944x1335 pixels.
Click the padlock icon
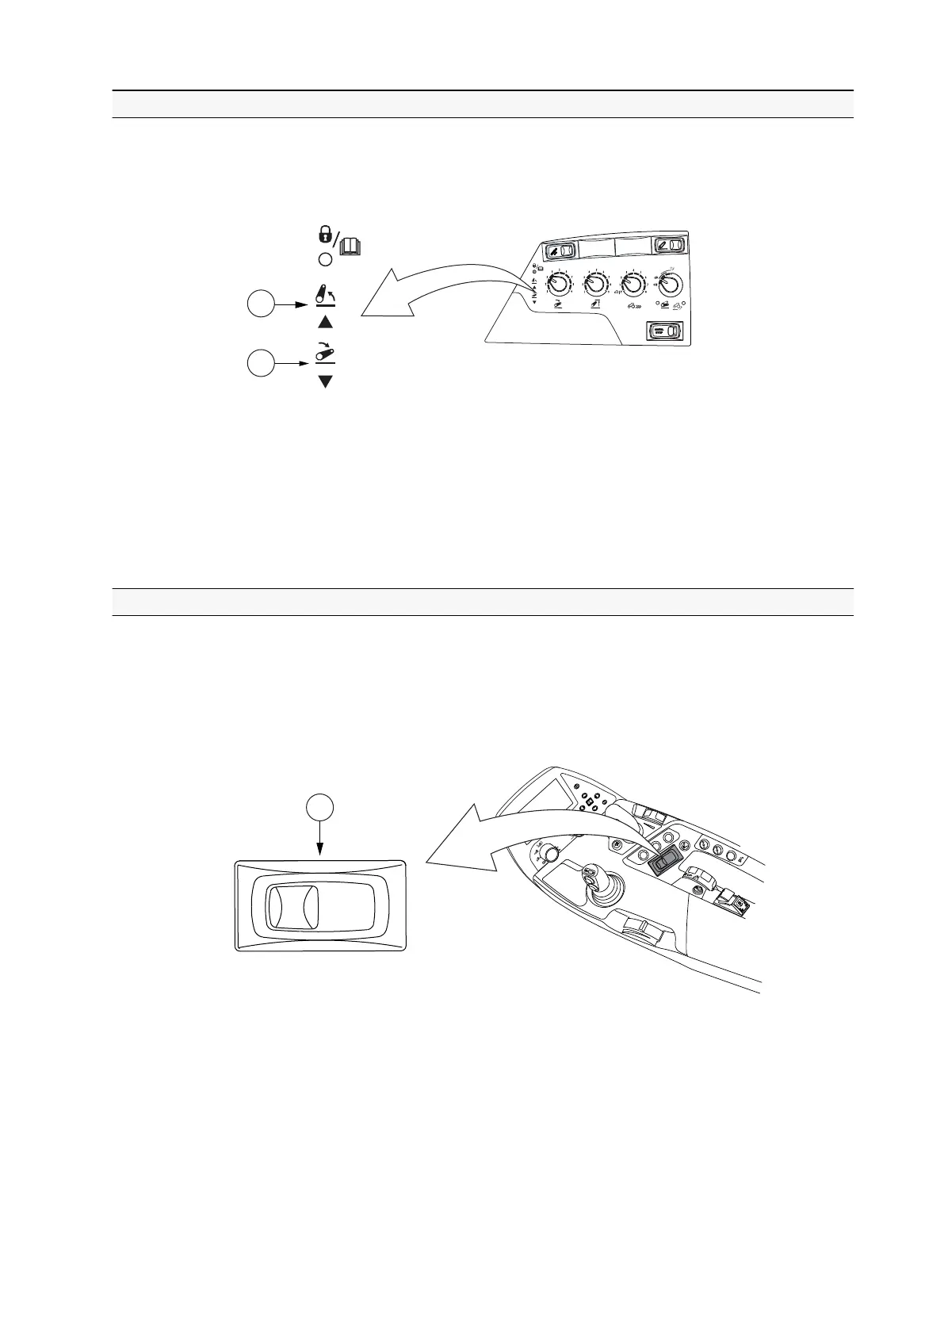(x=323, y=235)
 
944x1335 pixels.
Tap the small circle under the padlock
(x=324, y=259)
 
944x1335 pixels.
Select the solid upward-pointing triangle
(x=325, y=322)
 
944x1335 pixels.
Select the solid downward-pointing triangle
(x=325, y=382)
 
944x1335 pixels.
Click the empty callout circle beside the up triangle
(x=260, y=304)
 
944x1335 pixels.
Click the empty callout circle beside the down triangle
(x=260, y=364)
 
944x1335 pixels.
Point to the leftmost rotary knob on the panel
(x=560, y=283)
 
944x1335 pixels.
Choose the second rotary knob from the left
(x=596, y=283)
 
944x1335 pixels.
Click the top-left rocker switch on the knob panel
(x=563, y=251)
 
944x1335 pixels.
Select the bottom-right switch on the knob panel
(x=664, y=331)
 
